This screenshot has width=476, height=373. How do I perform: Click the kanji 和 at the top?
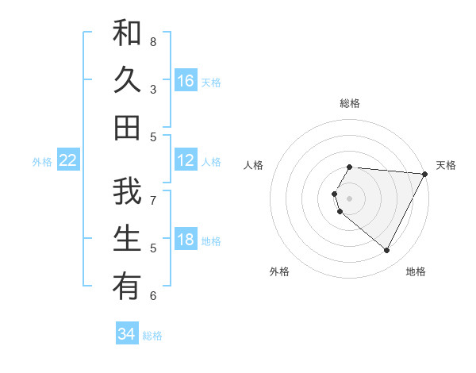click(x=127, y=34)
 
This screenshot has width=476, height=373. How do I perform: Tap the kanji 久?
click(x=127, y=80)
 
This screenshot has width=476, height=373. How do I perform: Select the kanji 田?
click(x=127, y=127)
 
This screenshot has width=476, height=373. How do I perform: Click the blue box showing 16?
click(x=185, y=81)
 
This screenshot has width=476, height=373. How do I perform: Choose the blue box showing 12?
click(x=185, y=160)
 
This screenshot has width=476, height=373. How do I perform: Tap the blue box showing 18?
click(x=185, y=240)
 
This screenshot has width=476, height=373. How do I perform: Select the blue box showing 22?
click(x=67, y=160)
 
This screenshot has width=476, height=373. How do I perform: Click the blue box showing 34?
click(x=126, y=334)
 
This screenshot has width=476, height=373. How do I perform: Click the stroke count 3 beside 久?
click(x=153, y=89)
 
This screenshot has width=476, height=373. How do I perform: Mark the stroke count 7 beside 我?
click(x=153, y=200)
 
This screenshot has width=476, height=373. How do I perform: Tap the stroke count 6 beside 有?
click(x=153, y=295)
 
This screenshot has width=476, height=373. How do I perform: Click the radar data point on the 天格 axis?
click(x=425, y=174)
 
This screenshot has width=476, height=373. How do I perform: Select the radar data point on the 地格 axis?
click(x=387, y=251)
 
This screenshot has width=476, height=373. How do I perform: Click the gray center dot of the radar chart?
click(x=349, y=198)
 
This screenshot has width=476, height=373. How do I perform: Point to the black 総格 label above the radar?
click(x=349, y=103)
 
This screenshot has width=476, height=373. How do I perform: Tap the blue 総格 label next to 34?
click(x=152, y=336)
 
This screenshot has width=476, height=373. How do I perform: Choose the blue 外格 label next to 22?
click(x=42, y=162)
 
